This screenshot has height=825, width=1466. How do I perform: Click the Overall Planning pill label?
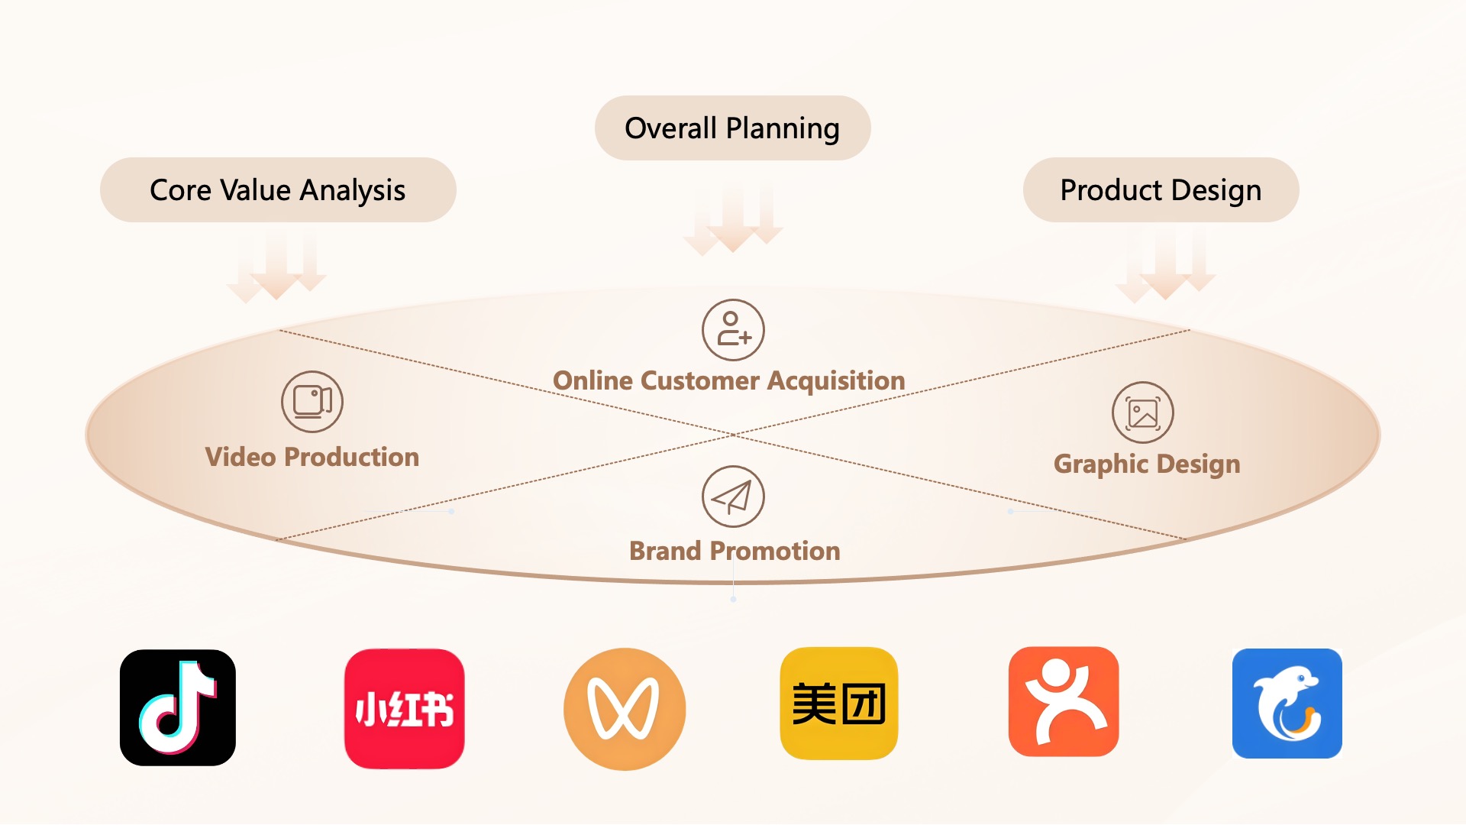[x=732, y=128]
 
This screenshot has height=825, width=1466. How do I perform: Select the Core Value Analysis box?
[x=278, y=189]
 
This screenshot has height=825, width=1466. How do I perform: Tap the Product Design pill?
[x=1161, y=189]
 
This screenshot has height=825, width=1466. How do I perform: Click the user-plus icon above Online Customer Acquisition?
[x=733, y=330]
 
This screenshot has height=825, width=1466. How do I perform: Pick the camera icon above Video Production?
[x=312, y=402]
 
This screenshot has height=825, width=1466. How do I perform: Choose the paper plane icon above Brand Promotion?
[x=733, y=497]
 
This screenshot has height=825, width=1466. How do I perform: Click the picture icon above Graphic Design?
[x=1143, y=412]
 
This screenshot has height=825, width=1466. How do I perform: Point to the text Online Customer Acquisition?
[x=729, y=380]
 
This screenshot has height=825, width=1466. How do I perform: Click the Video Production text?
[x=312, y=457]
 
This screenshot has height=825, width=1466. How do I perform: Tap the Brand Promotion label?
[x=735, y=551]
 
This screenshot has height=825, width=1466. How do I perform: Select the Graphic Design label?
[x=1147, y=464]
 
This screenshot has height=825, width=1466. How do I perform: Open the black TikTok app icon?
[x=178, y=707]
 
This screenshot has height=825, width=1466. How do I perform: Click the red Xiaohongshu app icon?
[x=405, y=708]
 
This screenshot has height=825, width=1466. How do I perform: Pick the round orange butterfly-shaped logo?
[x=625, y=709]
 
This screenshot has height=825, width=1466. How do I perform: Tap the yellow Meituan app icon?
[x=839, y=704]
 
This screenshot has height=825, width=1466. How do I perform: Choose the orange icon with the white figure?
[x=1064, y=702]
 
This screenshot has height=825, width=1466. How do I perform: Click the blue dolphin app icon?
[x=1287, y=704]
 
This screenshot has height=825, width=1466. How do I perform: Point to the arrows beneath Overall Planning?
[x=733, y=218]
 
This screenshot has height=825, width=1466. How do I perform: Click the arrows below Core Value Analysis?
[x=276, y=267]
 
